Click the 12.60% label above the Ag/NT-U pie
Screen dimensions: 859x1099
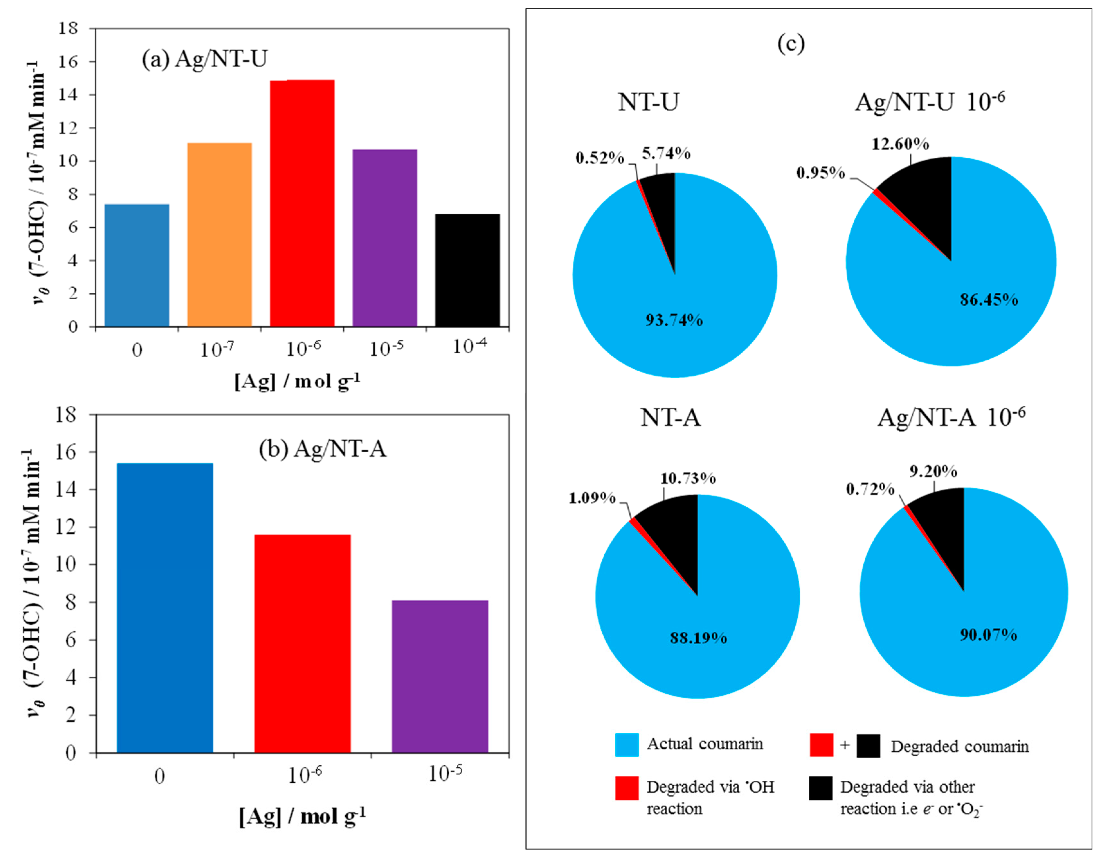click(x=900, y=144)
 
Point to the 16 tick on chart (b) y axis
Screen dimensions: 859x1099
click(x=66, y=452)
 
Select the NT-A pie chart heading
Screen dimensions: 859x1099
click(x=670, y=417)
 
